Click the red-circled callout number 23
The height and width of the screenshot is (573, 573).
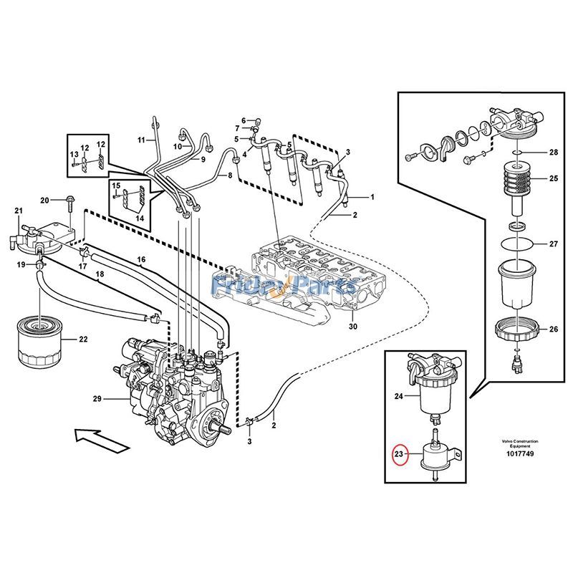click(x=398, y=454)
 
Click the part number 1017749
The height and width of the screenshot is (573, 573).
click(x=520, y=454)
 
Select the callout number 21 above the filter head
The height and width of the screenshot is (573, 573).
click(x=19, y=210)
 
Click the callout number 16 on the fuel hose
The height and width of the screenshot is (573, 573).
click(x=141, y=259)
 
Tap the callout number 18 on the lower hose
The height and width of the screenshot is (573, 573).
click(x=100, y=274)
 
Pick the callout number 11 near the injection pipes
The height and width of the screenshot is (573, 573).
click(x=141, y=140)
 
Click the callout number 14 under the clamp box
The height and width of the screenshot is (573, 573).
click(x=139, y=218)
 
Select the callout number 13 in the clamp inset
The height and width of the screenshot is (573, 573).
click(x=73, y=155)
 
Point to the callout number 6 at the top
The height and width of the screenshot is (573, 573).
click(x=243, y=120)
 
